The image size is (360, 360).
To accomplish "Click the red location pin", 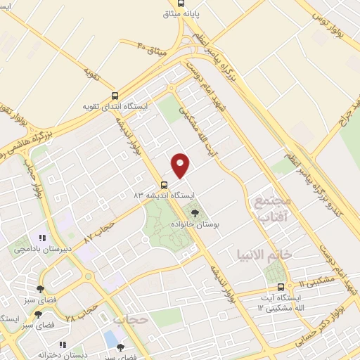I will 181,165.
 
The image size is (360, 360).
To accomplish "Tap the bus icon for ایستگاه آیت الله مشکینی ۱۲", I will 281,287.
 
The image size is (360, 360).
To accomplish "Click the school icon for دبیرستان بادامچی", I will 41,238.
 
